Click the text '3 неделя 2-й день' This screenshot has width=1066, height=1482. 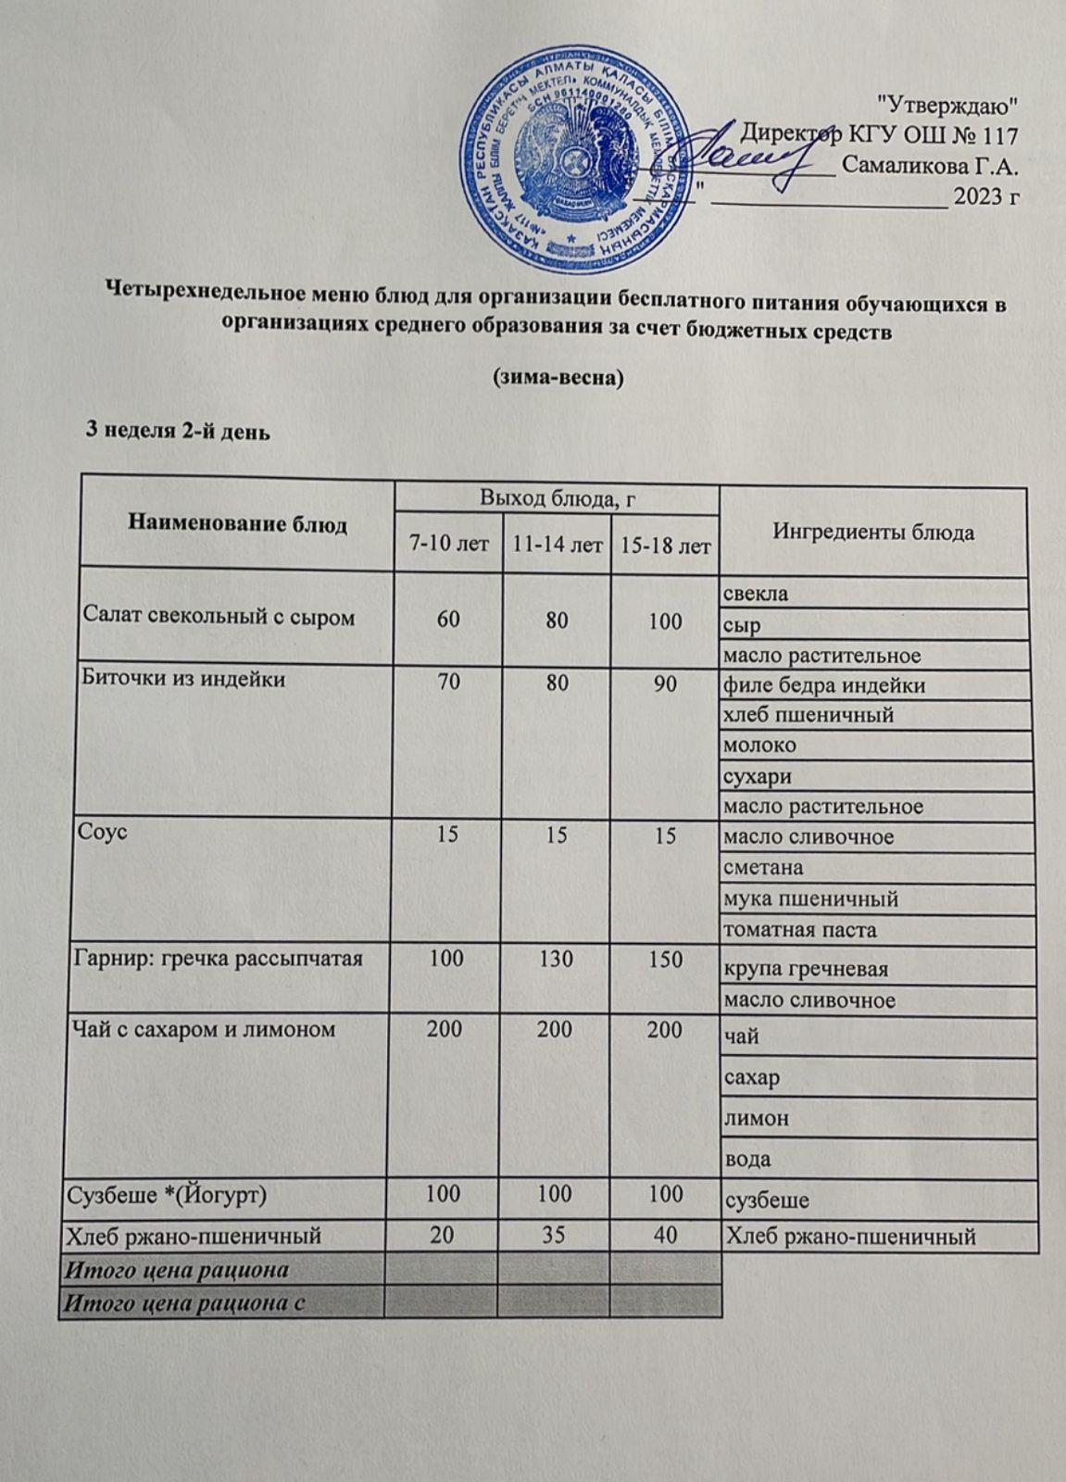point(177,432)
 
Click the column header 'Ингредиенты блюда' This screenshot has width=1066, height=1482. point(872,533)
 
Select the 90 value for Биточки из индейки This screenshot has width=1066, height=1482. point(665,684)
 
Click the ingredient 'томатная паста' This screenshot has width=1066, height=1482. point(799,929)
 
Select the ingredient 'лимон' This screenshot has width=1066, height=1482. point(757,1118)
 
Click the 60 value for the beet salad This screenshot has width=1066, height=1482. point(448,619)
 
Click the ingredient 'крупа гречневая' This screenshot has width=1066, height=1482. point(806,969)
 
